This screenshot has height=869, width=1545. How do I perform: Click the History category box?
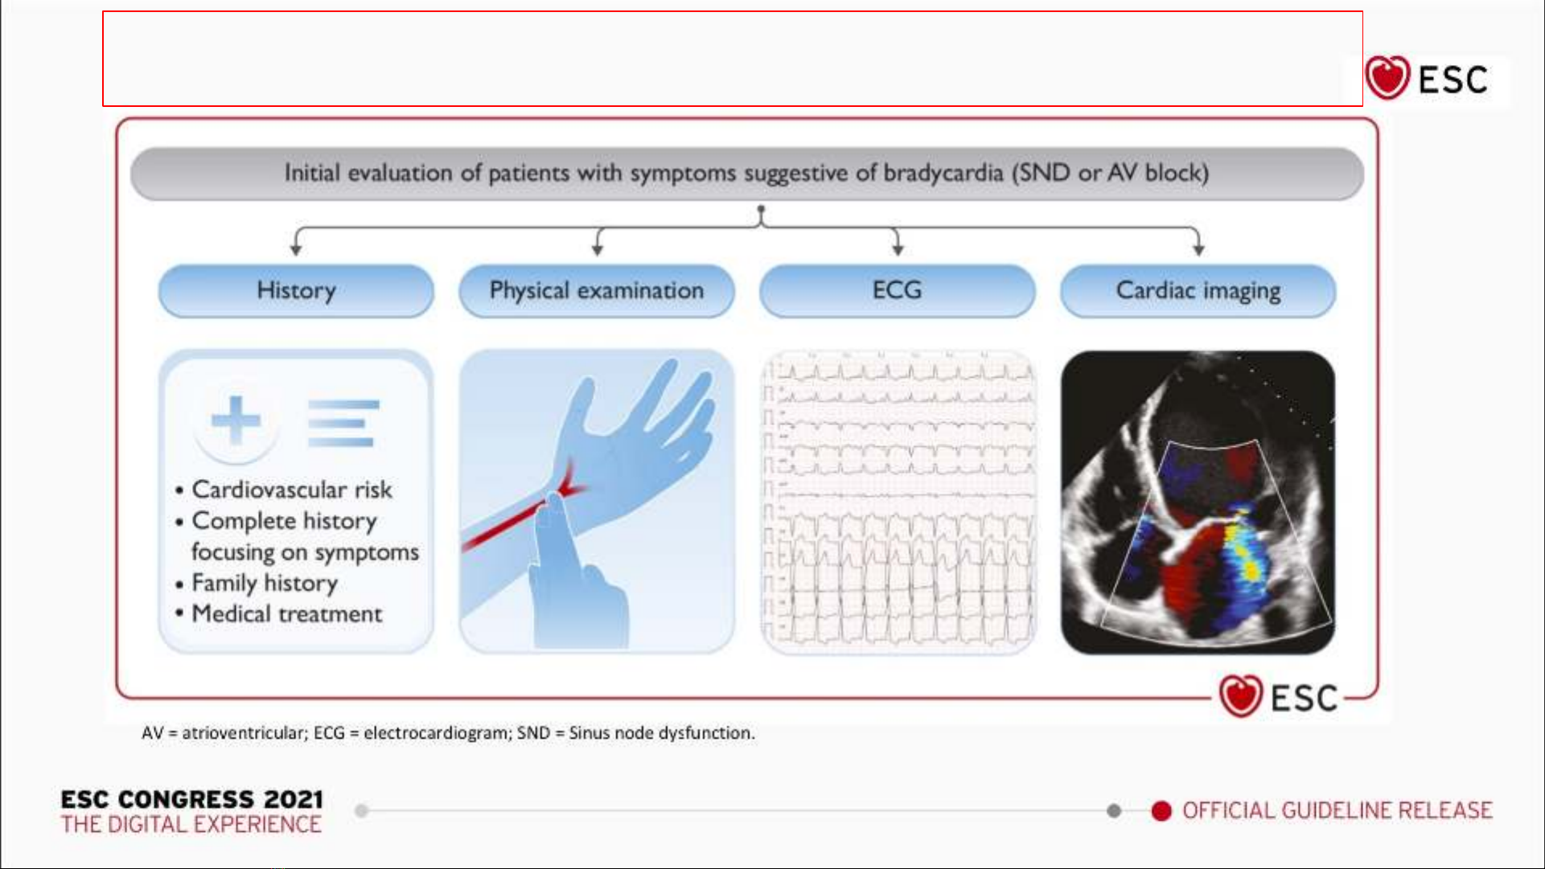[x=296, y=291]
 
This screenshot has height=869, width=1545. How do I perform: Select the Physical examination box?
[x=597, y=291]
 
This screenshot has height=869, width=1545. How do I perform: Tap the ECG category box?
[x=898, y=291]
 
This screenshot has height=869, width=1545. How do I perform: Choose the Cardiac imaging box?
[x=1198, y=291]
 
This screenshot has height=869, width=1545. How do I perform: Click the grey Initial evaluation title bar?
[x=747, y=174]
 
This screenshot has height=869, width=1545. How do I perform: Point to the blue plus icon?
[x=236, y=420]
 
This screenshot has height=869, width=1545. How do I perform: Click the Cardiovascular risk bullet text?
[x=291, y=490]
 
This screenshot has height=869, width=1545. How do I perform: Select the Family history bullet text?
[x=265, y=583]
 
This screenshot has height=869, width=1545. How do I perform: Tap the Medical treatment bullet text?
[x=287, y=614]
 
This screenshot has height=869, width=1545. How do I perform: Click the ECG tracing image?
[x=898, y=502]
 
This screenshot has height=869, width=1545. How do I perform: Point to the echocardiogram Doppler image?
[x=1198, y=502]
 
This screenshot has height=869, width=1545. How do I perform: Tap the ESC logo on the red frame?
[x=1279, y=696]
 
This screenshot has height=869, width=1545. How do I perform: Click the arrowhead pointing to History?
[x=296, y=250]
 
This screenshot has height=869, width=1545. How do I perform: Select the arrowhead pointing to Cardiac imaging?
[x=1198, y=250]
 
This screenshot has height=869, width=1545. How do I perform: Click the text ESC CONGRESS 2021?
[x=192, y=799]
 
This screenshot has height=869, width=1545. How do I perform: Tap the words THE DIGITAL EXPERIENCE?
[x=191, y=825]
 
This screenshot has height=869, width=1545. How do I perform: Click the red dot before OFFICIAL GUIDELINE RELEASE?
[x=1161, y=811]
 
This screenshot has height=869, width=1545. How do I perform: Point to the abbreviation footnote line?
[x=448, y=733]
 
